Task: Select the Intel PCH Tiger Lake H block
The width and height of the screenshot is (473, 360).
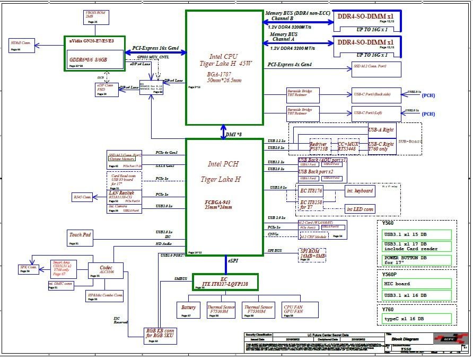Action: coord(224,196)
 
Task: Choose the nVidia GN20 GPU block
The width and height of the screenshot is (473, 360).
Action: coord(92,52)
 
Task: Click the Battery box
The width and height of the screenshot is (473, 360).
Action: coord(189,310)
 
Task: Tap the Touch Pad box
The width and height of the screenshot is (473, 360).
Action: coord(81,238)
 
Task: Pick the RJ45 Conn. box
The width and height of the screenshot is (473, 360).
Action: coord(83,197)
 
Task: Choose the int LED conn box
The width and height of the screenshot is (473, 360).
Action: coord(360,209)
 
